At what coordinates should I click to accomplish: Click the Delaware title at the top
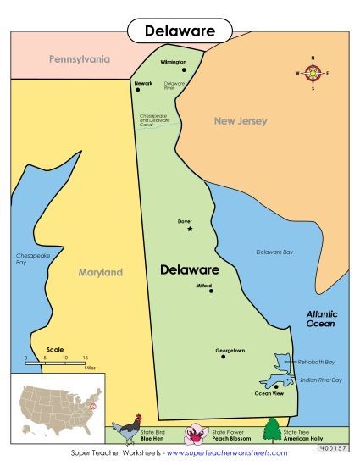point(180,31)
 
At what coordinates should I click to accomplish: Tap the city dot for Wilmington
point(182,70)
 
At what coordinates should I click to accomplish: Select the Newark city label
point(143,83)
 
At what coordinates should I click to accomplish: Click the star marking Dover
point(190,229)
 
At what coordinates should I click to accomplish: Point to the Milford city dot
point(210,291)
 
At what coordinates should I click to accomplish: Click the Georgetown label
point(230,350)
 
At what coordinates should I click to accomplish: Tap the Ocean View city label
point(269,393)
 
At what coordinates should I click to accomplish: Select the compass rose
point(313,73)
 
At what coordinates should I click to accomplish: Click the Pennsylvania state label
point(80,60)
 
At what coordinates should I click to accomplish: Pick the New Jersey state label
point(240,121)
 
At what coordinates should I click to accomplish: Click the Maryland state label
point(101,272)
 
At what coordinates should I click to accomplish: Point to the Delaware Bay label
point(274,252)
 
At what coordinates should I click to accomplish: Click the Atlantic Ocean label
point(321,319)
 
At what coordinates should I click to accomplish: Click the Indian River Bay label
point(319,380)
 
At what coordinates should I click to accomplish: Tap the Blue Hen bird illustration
point(130,429)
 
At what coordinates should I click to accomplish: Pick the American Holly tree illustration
point(271,430)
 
